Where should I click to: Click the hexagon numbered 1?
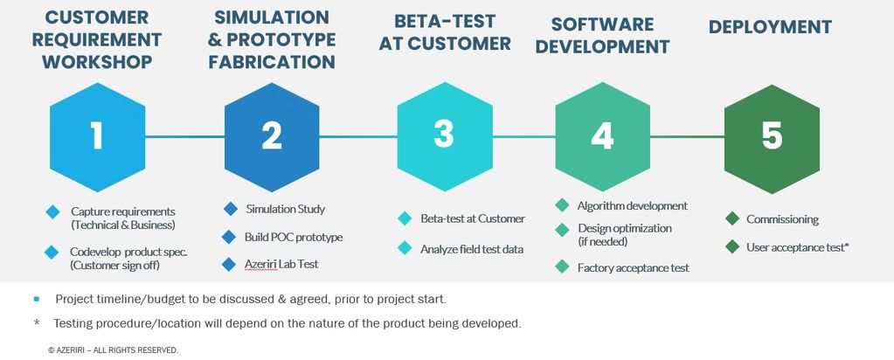click(98, 137)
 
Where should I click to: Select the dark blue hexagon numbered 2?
click(272, 137)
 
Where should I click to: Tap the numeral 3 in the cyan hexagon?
click(444, 135)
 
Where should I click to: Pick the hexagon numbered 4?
click(603, 137)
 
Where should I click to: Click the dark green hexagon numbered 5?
click(772, 138)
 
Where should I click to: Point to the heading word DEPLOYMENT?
click(770, 27)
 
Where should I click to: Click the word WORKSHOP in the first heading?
click(98, 62)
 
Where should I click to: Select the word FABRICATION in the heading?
click(272, 62)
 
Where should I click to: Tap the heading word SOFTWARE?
click(602, 24)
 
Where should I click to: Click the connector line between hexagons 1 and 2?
click(184, 137)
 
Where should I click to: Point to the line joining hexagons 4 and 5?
click(687, 137)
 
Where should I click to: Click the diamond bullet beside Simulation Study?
click(231, 209)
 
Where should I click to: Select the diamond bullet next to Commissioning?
click(732, 218)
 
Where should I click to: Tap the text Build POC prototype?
click(294, 237)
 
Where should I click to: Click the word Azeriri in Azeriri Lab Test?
click(261, 264)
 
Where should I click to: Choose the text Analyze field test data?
click(472, 249)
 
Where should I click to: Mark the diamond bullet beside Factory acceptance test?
click(562, 267)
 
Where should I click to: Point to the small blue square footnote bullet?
click(37, 298)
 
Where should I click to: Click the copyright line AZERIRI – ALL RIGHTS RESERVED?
click(114, 350)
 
